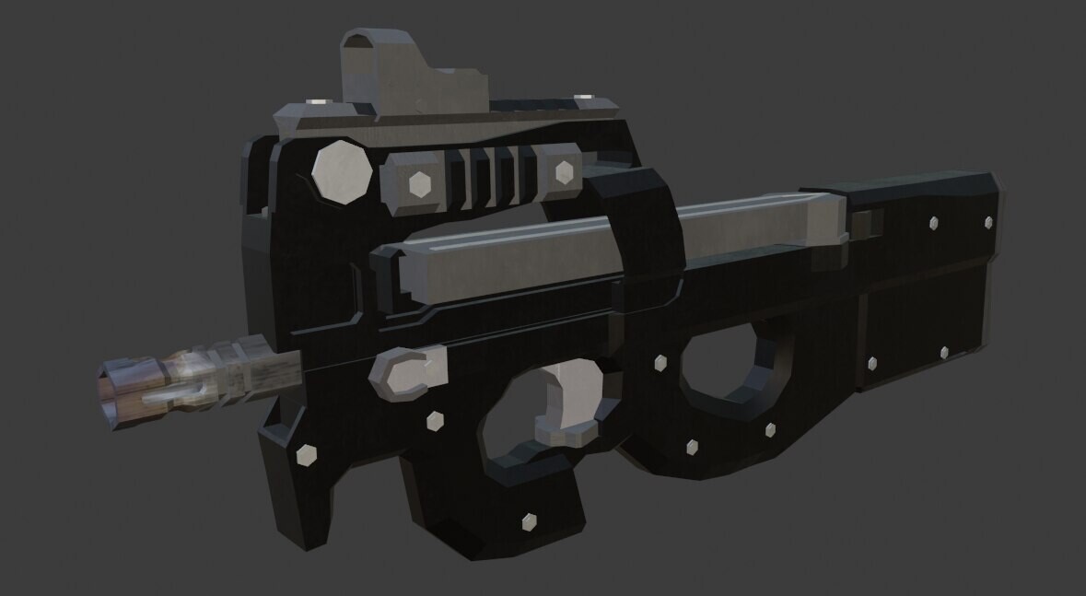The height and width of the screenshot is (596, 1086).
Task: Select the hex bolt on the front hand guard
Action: [306, 454]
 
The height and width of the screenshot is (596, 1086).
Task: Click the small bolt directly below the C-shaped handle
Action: [435, 420]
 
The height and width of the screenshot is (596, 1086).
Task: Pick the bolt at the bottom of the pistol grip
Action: [530, 521]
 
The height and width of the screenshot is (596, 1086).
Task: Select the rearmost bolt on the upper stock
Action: [988, 222]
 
